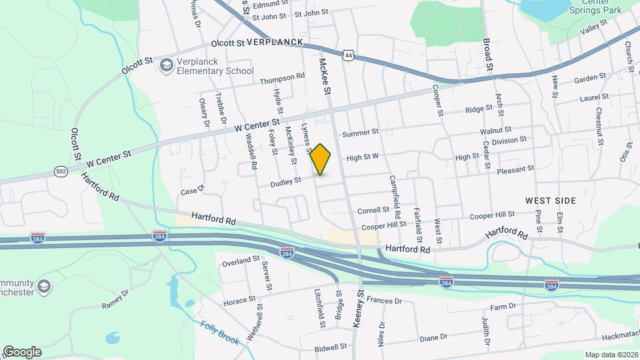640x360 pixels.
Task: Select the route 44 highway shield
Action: [348, 55]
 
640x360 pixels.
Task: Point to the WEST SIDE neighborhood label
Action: [550, 200]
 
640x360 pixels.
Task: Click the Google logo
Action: [22, 351]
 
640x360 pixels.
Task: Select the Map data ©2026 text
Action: [611, 354]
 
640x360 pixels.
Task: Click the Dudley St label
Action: [286, 180]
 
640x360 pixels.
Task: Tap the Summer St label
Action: [360, 133]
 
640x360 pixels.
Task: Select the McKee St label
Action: [325, 75]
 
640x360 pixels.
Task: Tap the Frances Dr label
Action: [385, 301]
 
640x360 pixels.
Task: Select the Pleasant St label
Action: [515, 170]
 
